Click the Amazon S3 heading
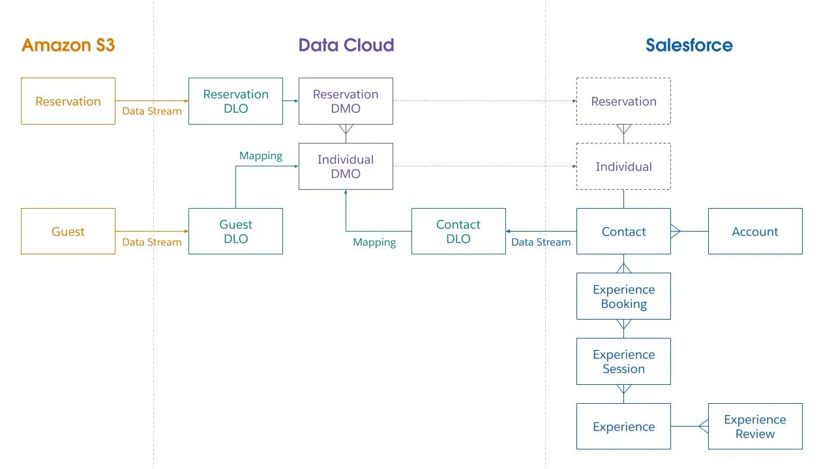[x=68, y=45]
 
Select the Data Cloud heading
[x=346, y=45]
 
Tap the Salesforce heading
[x=689, y=45]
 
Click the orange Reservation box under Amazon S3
[x=68, y=101]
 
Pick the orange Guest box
[x=68, y=232]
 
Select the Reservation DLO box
[x=235, y=101]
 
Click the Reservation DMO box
[x=346, y=101]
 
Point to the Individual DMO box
[x=346, y=166]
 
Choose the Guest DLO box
[x=235, y=232]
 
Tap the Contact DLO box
[x=458, y=232]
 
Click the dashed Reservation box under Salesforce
[x=623, y=101]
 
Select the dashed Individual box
[x=623, y=166]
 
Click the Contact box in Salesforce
[x=623, y=232]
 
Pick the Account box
[x=755, y=232]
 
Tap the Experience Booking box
[x=623, y=297]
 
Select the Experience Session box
[x=623, y=361]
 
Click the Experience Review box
[x=755, y=427]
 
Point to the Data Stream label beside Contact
[x=541, y=242]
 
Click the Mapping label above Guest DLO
[x=261, y=156]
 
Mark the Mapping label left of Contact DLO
[x=374, y=242]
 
